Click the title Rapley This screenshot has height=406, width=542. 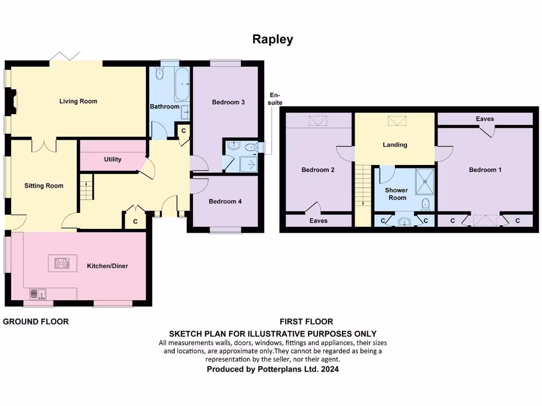[273, 40]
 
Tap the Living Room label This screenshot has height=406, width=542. [78, 101]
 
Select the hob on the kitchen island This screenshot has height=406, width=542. [62, 263]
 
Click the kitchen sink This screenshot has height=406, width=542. [38, 293]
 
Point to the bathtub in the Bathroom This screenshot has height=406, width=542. [182, 85]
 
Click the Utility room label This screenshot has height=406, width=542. [113, 159]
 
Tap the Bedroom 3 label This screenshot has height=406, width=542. [228, 102]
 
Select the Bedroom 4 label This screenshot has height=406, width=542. [225, 201]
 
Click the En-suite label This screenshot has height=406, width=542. [275, 99]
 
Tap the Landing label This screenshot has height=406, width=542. [395, 145]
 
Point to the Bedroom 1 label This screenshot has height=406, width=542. [485, 170]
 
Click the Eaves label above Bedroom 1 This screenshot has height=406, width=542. [485, 119]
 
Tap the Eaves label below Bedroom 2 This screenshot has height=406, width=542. [319, 220]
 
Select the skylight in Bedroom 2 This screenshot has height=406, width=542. [318, 122]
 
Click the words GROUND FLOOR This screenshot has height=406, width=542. [36, 321]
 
